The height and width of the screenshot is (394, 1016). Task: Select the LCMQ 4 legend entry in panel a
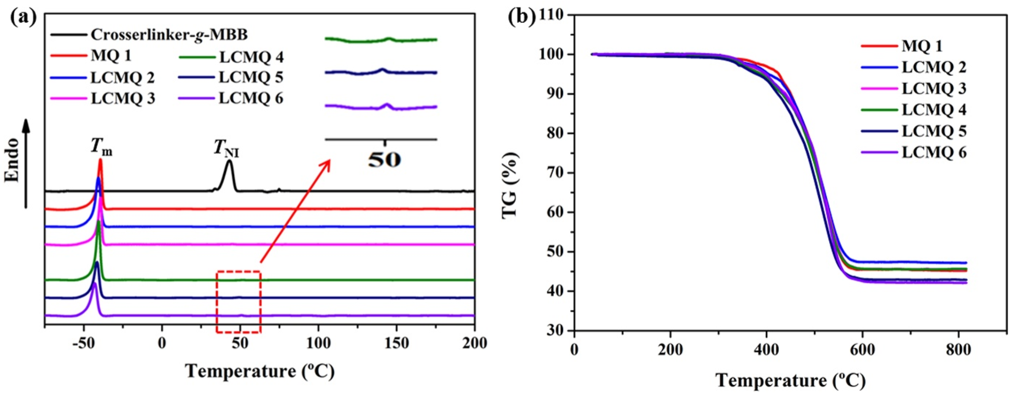[x=251, y=57]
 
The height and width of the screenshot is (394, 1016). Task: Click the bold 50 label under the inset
[x=385, y=160]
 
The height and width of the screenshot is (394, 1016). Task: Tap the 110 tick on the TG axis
[x=554, y=15]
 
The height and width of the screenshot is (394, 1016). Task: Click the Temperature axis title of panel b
[x=790, y=381]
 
